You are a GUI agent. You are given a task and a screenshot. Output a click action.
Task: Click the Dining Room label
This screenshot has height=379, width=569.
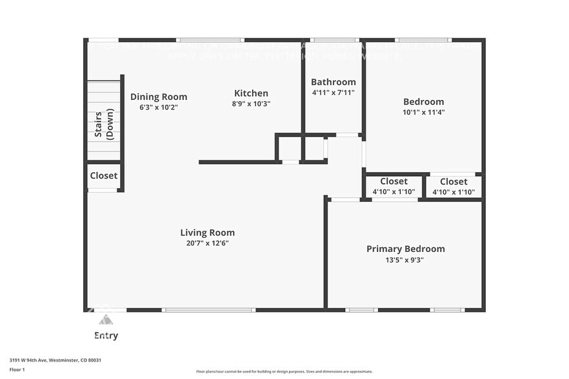click(x=159, y=97)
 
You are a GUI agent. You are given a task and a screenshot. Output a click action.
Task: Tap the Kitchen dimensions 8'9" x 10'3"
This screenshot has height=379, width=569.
click(x=251, y=104)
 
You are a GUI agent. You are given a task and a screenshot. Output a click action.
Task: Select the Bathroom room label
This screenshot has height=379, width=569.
click(x=333, y=82)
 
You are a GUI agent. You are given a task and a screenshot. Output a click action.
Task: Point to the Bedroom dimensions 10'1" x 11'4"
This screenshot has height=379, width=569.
click(x=423, y=112)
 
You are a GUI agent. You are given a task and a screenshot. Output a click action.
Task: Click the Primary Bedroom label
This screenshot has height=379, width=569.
click(x=405, y=249)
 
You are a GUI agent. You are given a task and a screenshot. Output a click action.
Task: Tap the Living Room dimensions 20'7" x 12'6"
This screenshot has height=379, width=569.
click(x=207, y=244)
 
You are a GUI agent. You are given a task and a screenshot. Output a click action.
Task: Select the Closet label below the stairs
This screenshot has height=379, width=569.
click(x=103, y=175)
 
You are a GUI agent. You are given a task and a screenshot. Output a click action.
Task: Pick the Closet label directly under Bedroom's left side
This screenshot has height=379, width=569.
click(x=394, y=181)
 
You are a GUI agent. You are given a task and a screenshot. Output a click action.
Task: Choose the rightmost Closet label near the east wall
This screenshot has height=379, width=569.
click(x=454, y=182)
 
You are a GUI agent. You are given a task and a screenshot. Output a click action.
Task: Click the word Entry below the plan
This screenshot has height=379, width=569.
click(x=106, y=336)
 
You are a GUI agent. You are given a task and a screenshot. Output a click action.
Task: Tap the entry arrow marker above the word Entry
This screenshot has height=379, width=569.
click(x=106, y=320)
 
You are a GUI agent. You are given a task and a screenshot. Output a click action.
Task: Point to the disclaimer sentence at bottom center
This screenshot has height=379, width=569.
click(x=284, y=371)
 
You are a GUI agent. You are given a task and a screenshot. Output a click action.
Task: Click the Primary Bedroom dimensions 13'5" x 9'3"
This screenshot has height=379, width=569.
click(x=405, y=260)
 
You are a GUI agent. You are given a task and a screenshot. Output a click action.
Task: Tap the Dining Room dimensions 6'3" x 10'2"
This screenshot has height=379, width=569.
click(x=159, y=108)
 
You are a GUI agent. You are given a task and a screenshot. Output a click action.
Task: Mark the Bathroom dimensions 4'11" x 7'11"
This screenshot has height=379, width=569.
click(x=333, y=93)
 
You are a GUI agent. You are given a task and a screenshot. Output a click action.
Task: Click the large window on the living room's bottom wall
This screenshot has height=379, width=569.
click(x=208, y=310)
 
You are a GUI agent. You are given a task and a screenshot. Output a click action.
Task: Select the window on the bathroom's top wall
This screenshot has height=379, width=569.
click(x=334, y=40)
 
